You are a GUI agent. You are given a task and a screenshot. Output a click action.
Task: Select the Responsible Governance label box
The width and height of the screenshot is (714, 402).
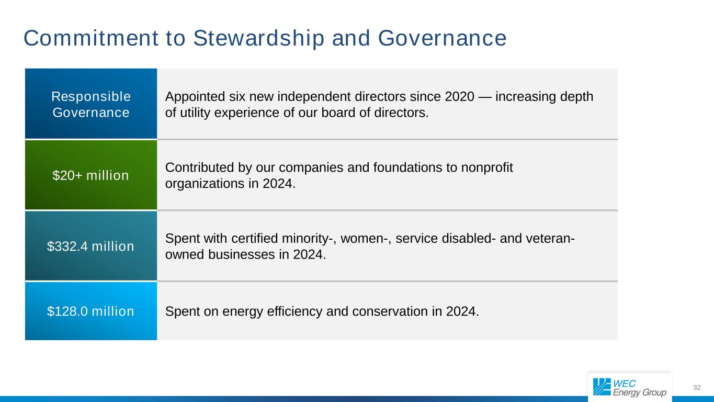91,104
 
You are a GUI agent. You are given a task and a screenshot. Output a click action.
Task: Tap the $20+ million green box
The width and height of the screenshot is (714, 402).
91,175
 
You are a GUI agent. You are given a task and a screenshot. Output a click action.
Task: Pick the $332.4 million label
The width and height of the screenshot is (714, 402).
91,246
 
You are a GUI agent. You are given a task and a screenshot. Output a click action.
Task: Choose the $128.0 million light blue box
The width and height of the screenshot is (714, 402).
91,311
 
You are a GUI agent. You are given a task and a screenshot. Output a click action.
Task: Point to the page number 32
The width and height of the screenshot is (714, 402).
696,388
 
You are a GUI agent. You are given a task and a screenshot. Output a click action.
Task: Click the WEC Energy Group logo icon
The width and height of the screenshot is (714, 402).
602,387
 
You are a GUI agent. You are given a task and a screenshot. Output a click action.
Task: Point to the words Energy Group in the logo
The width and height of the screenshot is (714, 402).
640,393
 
